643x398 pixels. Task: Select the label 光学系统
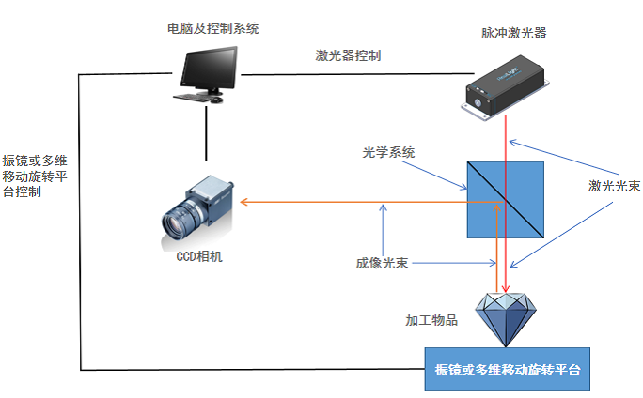tap(389, 152)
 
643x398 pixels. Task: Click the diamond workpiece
tap(506, 318)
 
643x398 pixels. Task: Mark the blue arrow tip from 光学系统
tap(466, 191)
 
